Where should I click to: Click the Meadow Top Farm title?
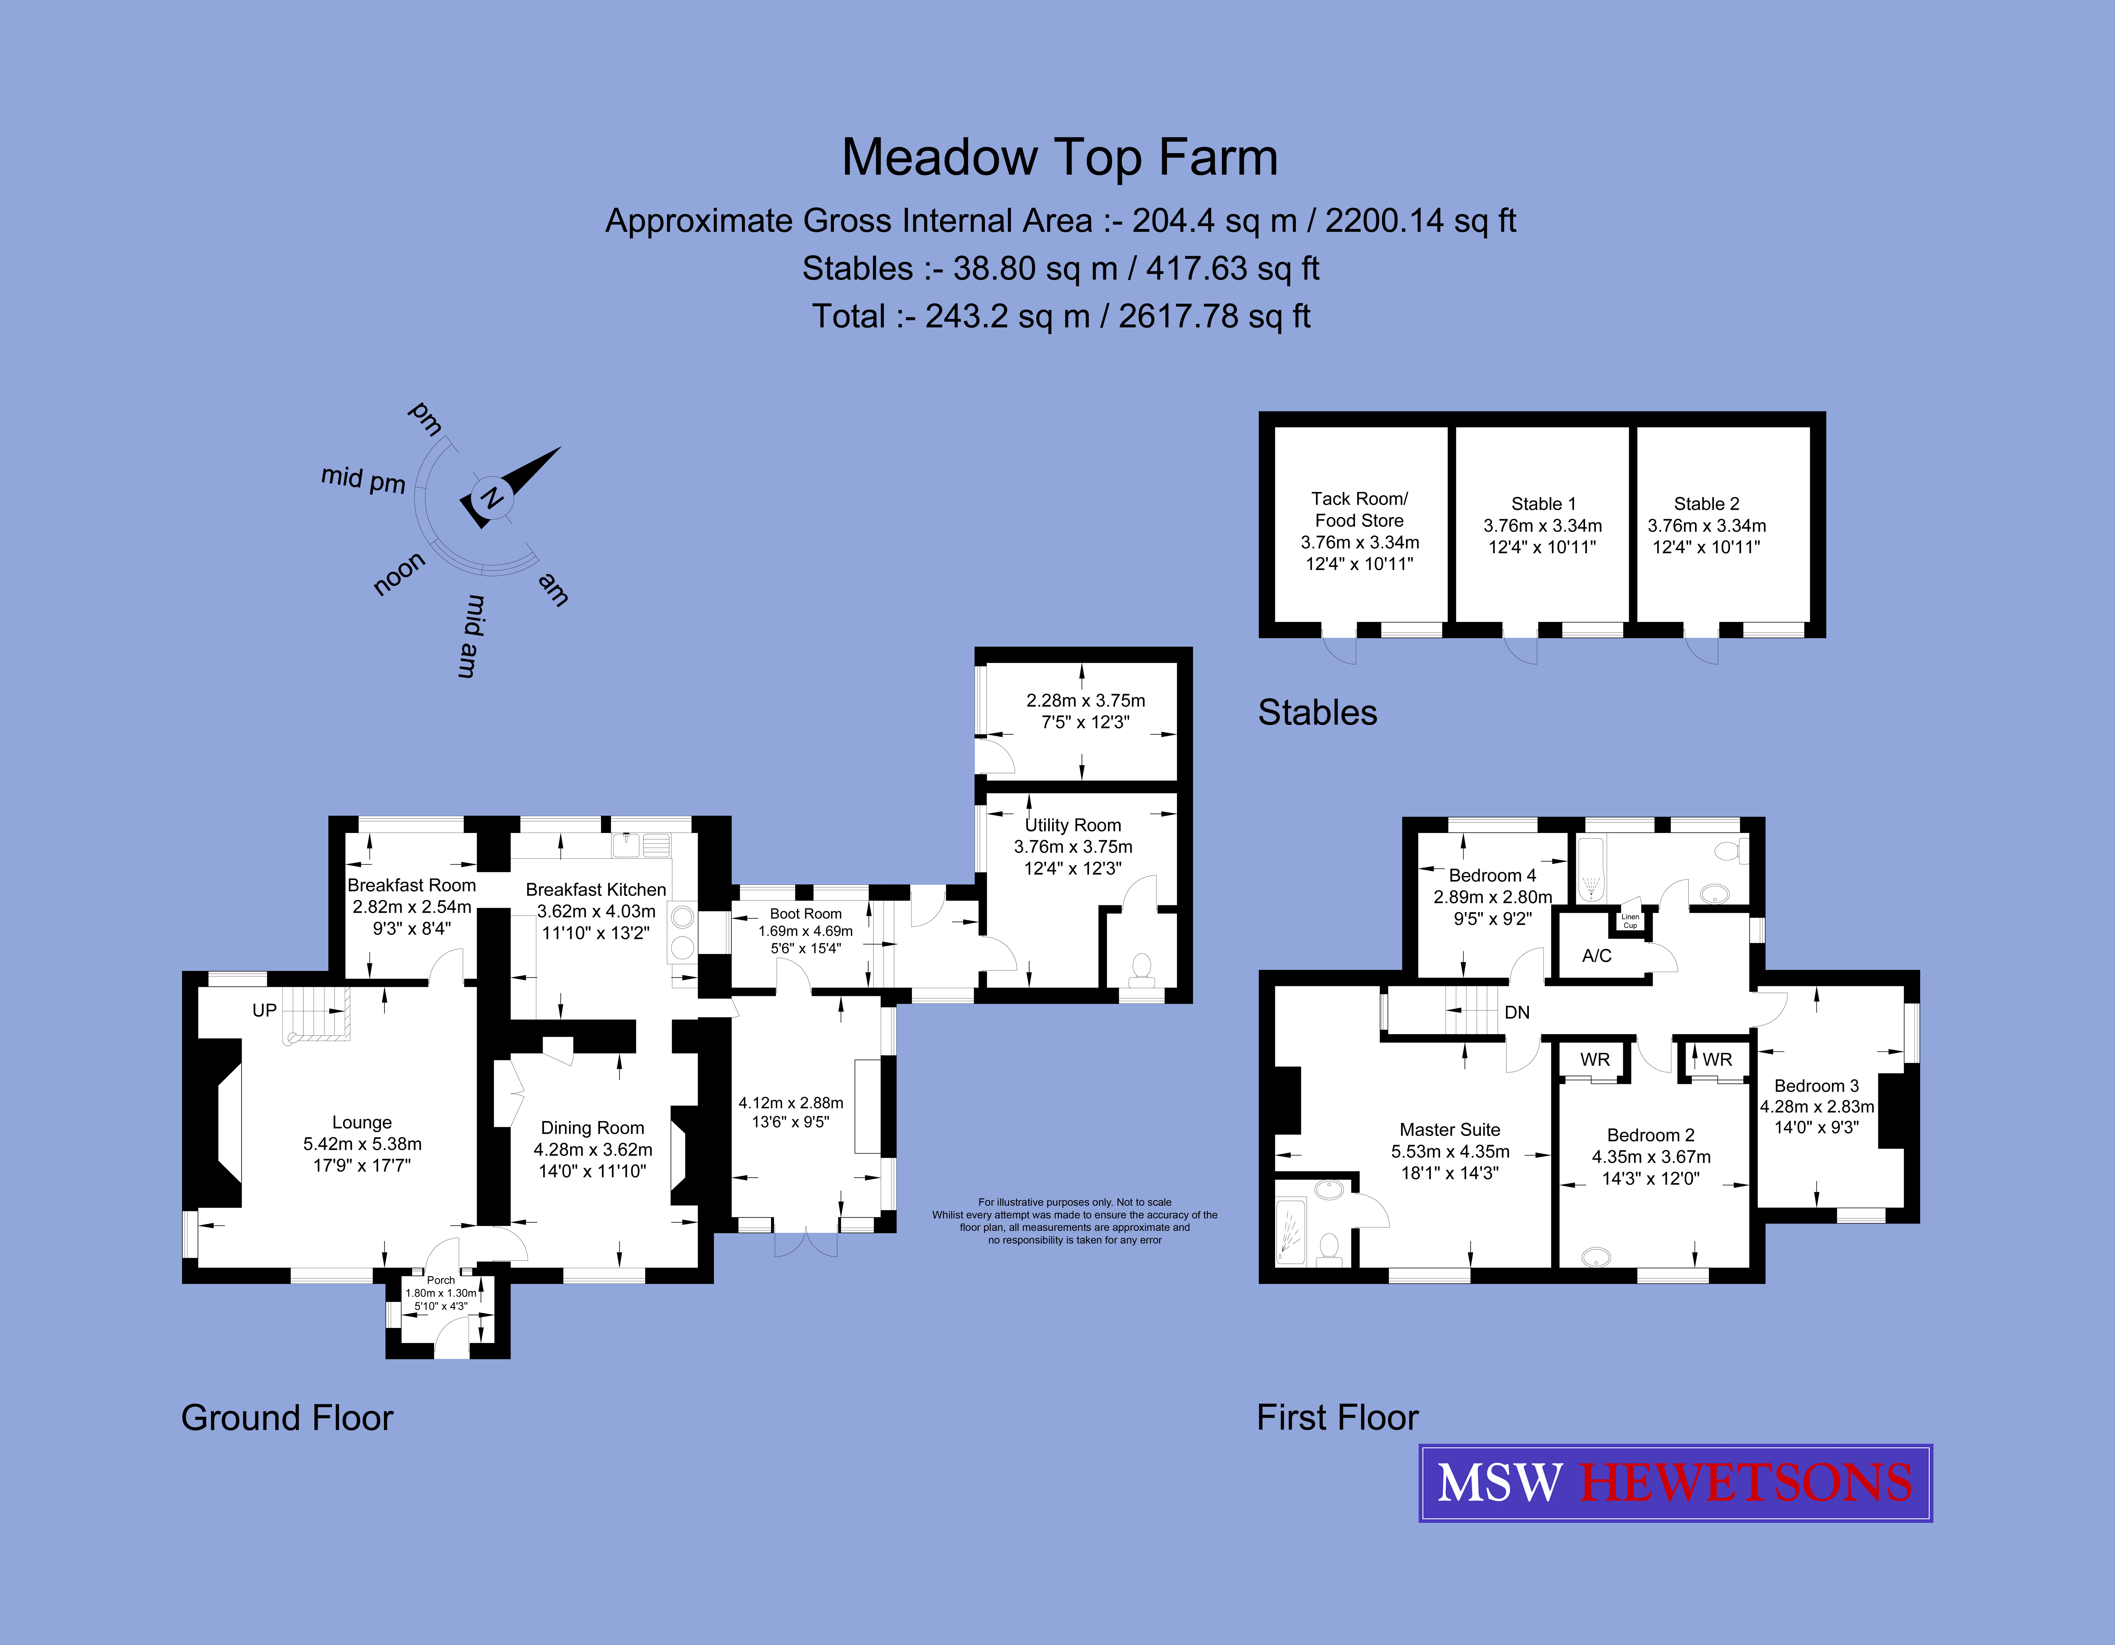pos(1059,158)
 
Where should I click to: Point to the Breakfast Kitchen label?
pos(596,890)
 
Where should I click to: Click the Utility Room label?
pos(1073,825)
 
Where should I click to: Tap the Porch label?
pos(441,1280)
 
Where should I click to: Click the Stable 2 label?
pos(1706,503)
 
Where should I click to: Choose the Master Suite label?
pos(1450,1130)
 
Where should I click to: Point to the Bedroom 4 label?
pos(1492,875)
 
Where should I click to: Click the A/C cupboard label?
pos(1597,956)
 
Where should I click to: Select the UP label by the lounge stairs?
pos(264,1011)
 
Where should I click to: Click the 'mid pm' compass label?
pos(363,479)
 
